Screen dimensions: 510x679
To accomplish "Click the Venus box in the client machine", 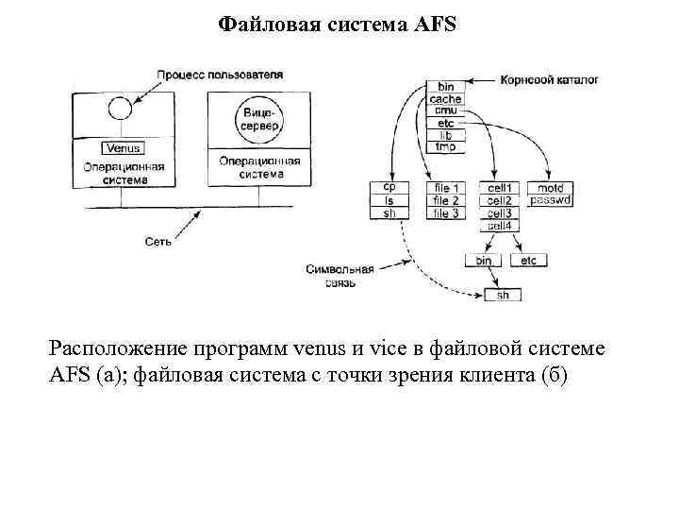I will point(124,148).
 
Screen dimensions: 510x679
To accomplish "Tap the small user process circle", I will point(119,109).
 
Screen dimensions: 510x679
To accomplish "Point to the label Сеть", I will point(158,242).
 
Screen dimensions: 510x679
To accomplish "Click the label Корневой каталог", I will point(549,79).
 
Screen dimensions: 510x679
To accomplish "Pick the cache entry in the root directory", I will point(445,99).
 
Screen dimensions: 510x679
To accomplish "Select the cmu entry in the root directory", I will point(445,111).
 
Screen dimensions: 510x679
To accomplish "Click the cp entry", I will point(389,188).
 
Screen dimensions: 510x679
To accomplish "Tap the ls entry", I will point(389,200).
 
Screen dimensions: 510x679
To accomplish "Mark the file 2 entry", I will point(445,200).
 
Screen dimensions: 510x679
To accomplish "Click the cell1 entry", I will point(500,188).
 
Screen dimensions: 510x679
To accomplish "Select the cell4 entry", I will point(500,226).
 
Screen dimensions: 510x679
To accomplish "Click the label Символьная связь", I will point(339,275).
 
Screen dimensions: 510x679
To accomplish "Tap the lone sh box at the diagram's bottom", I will point(503,295).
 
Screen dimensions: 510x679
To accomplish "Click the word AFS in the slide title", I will point(434,23).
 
